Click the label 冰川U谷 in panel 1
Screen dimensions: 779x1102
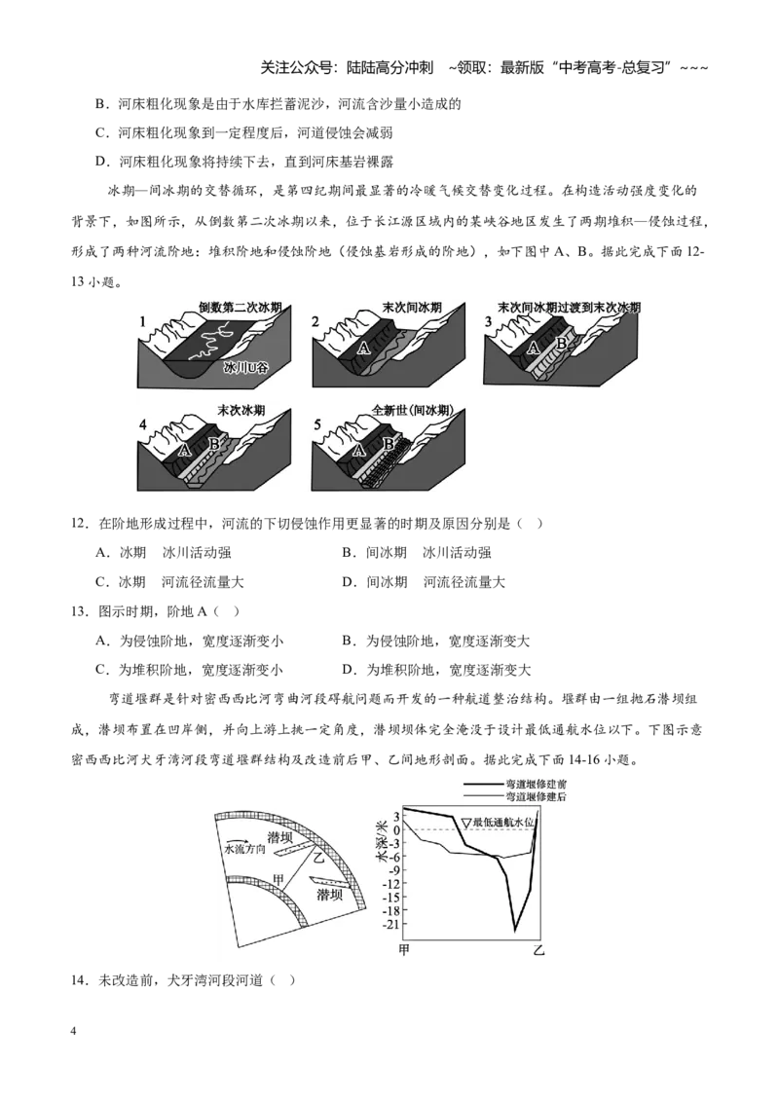(246, 367)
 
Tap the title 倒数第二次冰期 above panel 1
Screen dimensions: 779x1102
(240, 307)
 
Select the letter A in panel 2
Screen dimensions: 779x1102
(363, 348)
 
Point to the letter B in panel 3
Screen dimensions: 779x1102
(561, 344)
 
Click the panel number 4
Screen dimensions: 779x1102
(143, 424)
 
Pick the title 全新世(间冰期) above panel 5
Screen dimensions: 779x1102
(412, 411)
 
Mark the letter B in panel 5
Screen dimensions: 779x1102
(388, 444)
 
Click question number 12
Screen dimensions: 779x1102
(80, 524)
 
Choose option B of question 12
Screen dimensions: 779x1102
(417, 553)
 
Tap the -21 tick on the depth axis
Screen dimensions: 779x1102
(390, 924)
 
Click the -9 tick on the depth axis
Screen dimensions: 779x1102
(393, 870)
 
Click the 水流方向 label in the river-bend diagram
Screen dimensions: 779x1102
(244, 849)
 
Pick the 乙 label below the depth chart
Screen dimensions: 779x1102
(538, 951)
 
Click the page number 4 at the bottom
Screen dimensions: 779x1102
(73, 1031)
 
